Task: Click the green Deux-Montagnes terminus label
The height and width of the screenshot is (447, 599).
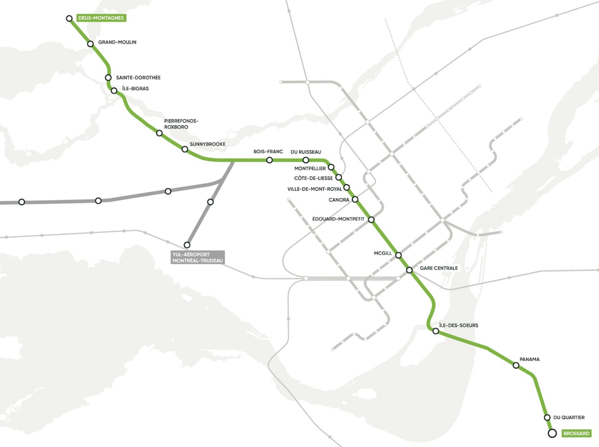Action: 101,18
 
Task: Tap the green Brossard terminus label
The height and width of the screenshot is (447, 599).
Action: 576,433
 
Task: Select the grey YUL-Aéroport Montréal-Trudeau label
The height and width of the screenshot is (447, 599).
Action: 197,257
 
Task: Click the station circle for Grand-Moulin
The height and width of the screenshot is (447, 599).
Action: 90,44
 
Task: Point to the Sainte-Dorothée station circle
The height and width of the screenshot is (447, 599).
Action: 108,78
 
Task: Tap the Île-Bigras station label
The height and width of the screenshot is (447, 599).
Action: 135,88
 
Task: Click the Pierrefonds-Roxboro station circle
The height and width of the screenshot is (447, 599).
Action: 159,133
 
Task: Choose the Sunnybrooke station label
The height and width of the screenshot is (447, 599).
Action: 207,144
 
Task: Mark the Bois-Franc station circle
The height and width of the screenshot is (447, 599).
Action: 269,160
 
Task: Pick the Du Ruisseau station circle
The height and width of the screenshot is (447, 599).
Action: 306,160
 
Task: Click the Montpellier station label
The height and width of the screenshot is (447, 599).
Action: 310,169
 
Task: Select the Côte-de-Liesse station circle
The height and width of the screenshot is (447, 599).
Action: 339,177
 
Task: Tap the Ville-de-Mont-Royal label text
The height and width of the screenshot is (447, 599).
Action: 314,189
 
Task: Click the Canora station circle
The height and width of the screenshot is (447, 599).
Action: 355,200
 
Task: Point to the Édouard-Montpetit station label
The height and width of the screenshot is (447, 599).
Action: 338,219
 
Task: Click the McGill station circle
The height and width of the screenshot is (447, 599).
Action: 398,255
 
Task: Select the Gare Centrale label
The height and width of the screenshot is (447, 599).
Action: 438,268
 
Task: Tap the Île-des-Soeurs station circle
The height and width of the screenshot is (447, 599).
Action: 436,331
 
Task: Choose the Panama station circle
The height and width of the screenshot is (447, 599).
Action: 516,365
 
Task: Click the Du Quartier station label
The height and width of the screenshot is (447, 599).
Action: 569,417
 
